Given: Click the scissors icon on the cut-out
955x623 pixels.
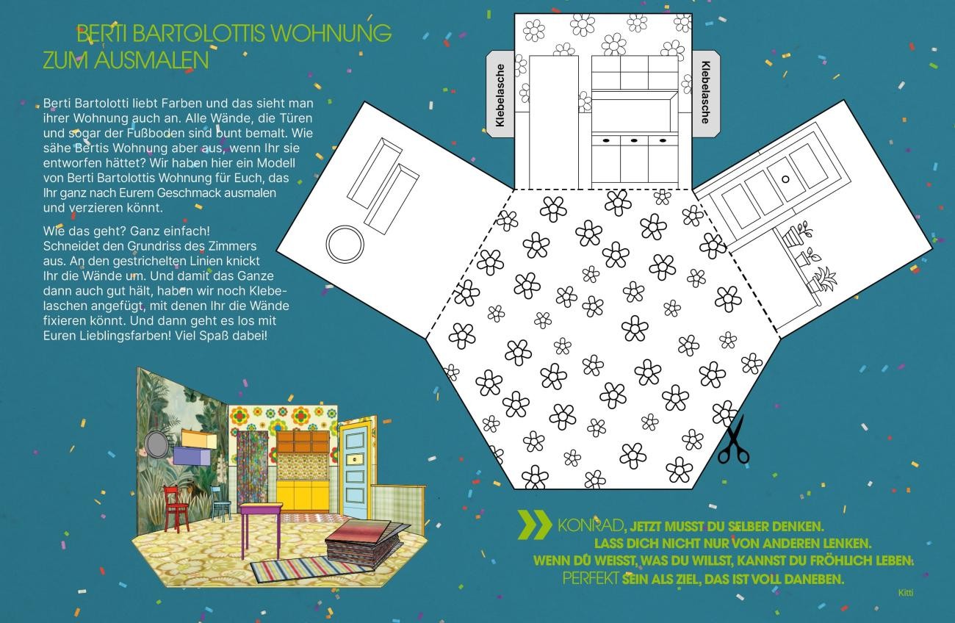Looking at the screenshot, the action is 733,441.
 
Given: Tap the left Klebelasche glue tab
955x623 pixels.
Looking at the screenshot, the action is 500,94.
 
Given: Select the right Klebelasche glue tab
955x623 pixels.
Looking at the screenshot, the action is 706,94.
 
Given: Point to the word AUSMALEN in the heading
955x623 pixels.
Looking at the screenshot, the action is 151,60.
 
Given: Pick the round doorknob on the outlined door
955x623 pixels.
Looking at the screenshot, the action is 785,179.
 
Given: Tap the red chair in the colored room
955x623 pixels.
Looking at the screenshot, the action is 176,508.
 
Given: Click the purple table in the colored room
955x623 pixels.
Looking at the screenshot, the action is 261,529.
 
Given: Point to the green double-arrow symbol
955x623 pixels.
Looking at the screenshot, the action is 535,525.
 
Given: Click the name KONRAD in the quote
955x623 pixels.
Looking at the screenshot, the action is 590,526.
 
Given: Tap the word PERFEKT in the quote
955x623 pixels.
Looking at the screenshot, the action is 591,579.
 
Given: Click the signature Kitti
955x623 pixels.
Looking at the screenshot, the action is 906,593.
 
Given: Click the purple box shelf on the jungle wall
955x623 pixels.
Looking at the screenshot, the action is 192,456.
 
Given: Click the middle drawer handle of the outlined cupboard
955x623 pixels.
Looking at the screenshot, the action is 634,140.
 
